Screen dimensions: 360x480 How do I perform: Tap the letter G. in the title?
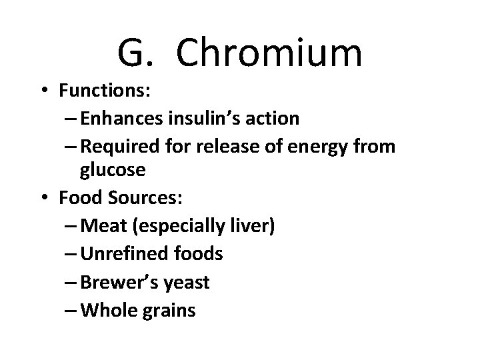click(x=140, y=53)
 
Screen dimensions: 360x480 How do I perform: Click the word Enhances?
click(x=119, y=119)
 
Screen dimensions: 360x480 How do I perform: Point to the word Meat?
click(x=102, y=226)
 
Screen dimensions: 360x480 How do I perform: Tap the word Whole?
click(x=106, y=310)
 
